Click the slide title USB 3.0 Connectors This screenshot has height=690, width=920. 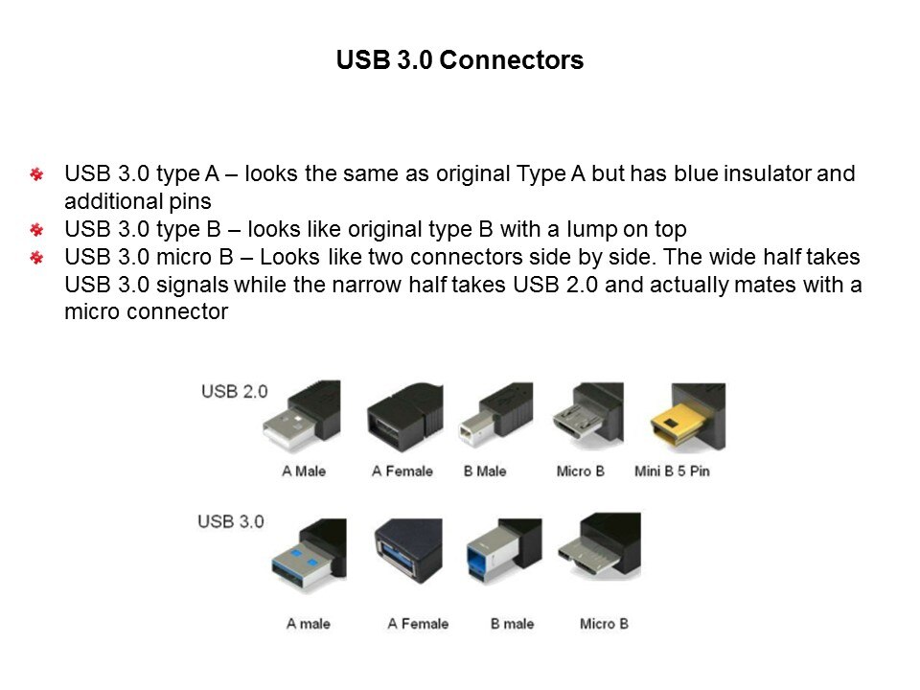tap(459, 59)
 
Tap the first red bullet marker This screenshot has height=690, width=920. tap(36, 174)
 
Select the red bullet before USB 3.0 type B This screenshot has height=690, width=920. tap(36, 229)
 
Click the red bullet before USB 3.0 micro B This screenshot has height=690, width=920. tap(36, 257)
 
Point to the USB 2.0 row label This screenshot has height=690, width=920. tap(234, 391)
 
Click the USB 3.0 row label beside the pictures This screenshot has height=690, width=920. tap(231, 521)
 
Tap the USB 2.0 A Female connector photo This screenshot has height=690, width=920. tap(404, 417)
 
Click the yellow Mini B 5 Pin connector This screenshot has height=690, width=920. tap(688, 418)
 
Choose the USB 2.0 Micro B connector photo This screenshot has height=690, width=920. tap(587, 413)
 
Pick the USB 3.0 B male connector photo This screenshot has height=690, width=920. tap(504, 550)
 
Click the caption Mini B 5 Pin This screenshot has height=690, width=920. tap(672, 471)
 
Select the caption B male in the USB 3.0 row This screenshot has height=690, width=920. tap(512, 624)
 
